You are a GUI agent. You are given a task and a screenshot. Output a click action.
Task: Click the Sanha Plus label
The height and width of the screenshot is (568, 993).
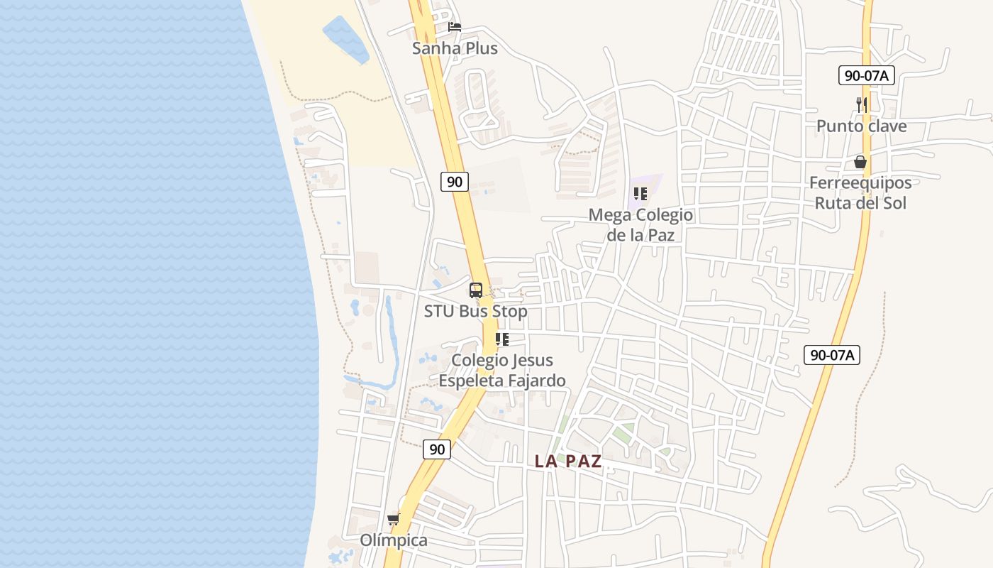click(455, 48)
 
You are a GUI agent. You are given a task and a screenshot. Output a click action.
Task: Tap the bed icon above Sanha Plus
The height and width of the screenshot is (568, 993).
click(455, 27)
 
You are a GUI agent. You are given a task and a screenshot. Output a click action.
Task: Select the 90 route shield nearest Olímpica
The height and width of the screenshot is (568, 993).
click(437, 449)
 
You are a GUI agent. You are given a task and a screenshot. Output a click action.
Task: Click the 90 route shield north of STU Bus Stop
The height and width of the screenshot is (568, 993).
click(454, 182)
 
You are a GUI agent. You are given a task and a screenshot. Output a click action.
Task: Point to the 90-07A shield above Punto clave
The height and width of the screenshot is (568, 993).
click(866, 75)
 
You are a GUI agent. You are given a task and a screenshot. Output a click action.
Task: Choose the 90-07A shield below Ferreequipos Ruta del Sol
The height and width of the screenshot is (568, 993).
click(832, 354)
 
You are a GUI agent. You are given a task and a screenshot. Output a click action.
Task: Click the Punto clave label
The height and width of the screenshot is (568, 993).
click(861, 126)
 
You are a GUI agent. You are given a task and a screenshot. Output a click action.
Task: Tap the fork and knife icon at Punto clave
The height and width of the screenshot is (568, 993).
click(861, 105)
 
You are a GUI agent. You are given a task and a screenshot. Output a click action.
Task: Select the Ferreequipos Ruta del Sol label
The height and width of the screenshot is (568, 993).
click(860, 192)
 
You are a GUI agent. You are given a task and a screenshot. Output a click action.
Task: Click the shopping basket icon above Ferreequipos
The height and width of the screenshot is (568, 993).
click(860, 162)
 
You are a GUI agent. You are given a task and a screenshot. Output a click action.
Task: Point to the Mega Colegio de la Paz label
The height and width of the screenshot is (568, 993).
click(640, 224)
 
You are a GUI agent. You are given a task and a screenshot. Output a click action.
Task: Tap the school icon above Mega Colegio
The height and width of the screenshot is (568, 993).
click(640, 194)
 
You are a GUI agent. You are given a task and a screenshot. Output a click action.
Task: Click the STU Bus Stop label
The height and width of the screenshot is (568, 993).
click(475, 311)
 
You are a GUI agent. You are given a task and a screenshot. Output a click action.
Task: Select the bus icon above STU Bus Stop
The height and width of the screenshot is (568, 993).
click(475, 290)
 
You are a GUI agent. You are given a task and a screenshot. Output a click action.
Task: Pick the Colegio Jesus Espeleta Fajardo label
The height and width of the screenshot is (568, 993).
click(502, 370)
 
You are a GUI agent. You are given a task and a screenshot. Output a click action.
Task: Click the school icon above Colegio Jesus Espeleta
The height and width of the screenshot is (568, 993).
click(502, 339)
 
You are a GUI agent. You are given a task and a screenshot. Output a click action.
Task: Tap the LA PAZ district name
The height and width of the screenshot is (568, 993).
click(568, 461)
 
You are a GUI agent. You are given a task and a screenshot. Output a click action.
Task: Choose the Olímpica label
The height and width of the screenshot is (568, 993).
click(394, 540)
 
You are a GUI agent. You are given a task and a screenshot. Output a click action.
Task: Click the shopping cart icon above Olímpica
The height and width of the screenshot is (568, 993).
click(394, 519)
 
